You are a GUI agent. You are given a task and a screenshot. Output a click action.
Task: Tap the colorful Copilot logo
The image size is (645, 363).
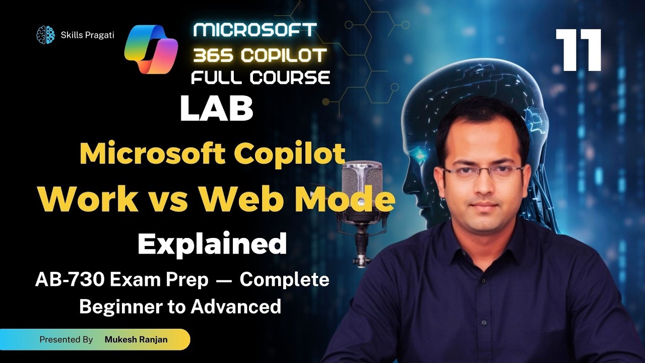coord(151,49)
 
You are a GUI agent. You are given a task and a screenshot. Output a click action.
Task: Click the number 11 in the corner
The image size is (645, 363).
coord(579,50)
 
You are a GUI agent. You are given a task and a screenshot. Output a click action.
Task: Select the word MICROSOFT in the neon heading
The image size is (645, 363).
coord(255,30)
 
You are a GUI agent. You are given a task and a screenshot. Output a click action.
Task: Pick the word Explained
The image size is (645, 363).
coord(212,244)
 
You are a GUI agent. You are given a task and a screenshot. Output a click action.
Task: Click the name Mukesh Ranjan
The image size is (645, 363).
coord(136,340)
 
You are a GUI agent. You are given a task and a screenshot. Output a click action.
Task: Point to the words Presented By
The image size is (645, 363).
coord(66,340)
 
